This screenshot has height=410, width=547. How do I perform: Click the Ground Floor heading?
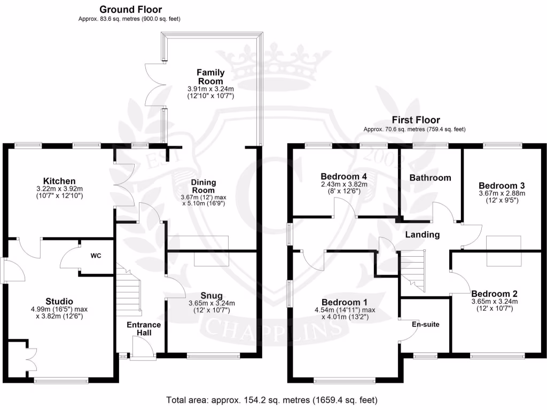click(x=130, y=10)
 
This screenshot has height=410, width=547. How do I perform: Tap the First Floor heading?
click(x=416, y=120)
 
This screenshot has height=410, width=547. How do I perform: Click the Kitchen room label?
click(x=60, y=181)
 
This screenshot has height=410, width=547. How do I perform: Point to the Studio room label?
click(x=60, y=301)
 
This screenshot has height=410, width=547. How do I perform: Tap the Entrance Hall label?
click(x=143, y=328)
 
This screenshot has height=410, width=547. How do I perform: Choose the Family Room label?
click(x=210, y=76)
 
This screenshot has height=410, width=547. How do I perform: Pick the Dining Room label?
click(x=203, y=186)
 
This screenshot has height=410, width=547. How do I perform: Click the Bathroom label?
click(x=430, y=178)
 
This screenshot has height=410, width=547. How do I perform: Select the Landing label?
click(x=422, y=234)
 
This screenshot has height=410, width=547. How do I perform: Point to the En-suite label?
click(x=423, y=324)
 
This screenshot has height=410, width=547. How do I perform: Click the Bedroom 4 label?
click(x=344, y=176)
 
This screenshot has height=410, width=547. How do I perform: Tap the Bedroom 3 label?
click(x=494, y=186)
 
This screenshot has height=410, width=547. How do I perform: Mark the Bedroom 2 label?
click(x=494, y=294)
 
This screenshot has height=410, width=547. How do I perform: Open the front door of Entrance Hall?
click(x=142, y=352)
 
